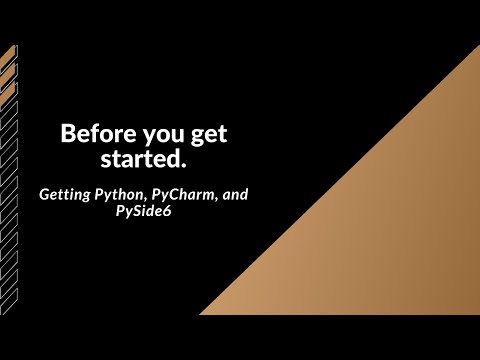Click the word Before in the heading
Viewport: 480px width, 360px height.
pos(91,134)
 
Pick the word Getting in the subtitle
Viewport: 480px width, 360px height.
pos(65,193)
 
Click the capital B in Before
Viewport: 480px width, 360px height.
pos(68,134)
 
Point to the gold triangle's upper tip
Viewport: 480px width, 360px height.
pos(478,47)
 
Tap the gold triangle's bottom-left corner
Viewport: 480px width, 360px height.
pos(202,313)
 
